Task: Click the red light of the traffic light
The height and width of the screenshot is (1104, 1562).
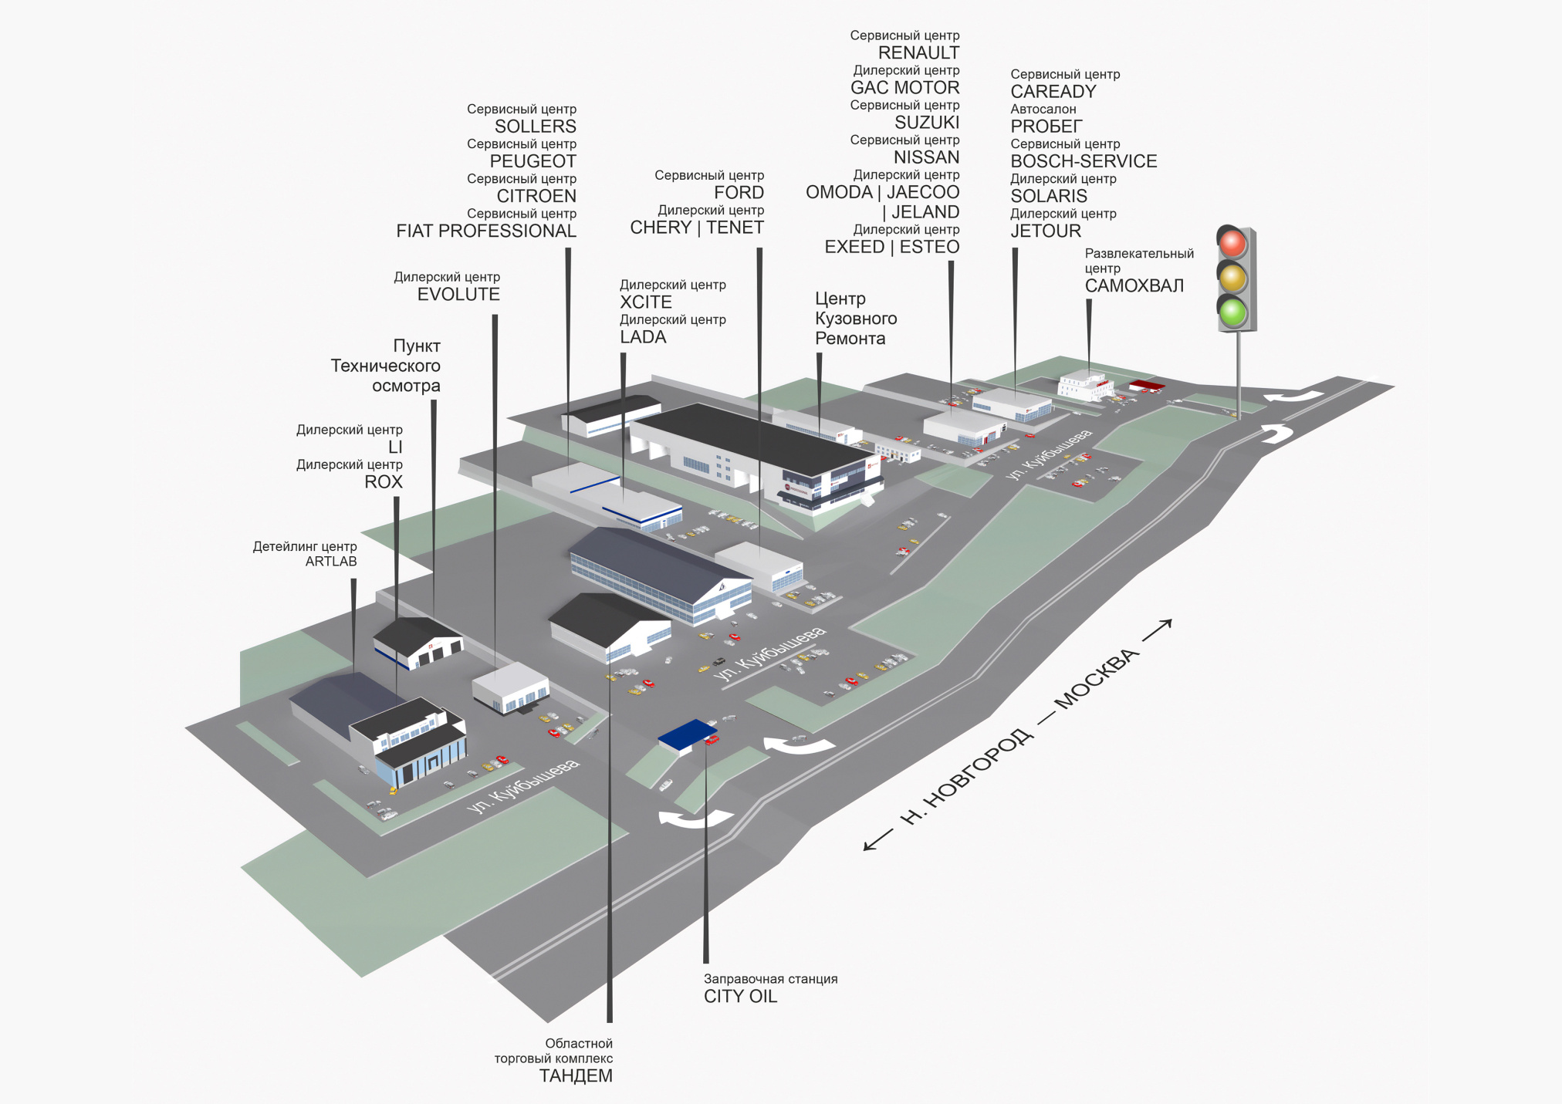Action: click(x=1232, y=243)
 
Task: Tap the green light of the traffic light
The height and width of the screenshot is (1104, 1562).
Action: click(x=1232, y=312)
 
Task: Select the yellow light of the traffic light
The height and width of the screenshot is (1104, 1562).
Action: click(x=1232, y=278)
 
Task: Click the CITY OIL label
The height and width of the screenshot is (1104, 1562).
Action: click(x=740, y=996)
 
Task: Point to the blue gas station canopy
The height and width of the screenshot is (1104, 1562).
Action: click(x=687, y=734)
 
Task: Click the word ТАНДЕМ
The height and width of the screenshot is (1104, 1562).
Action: click(x=576, y=1076)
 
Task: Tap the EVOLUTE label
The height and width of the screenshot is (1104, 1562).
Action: click(x=458, y=295)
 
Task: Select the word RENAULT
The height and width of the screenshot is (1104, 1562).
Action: click(x=918, y=53)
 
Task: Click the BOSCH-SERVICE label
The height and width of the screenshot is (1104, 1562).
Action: click(x=1084, y=161)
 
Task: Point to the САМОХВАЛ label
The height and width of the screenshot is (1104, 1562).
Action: click(x=1134, y=286)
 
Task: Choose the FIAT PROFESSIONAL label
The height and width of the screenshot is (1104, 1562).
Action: click(x=486, y=231)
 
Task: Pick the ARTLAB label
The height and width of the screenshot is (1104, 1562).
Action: click(x=331, y=562)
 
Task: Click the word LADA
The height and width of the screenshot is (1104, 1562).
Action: click(x=643, y=337)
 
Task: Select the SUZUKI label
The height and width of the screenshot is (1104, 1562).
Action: click(x=927, y=123)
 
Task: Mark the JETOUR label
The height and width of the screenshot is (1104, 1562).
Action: click(x=1046, y=231)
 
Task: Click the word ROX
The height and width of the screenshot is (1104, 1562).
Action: click(x=384, y=482)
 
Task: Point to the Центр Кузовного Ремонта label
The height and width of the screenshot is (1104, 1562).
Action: click(x=856, y=319)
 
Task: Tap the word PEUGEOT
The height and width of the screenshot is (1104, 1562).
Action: click(x=532, y=161)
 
